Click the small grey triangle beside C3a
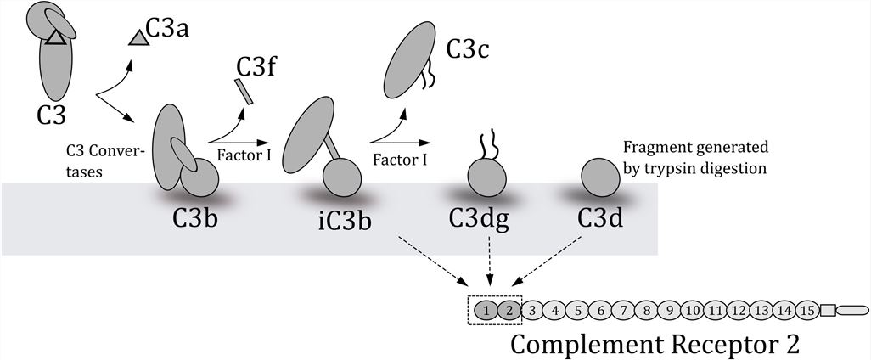click(138, 37)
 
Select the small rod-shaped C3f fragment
click(244, 91)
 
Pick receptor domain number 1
click(486, 312)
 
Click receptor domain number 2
click(508, 312)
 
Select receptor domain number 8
click(647, 312)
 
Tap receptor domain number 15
click(806, 312)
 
